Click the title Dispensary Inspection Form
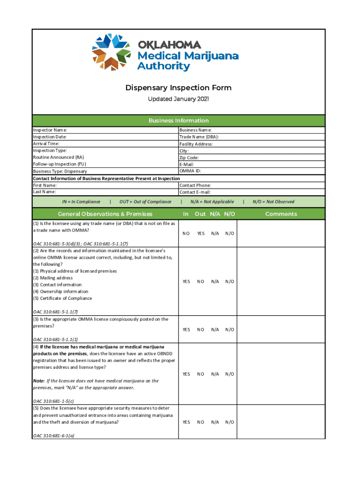tap(178, 88)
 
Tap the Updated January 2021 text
tap(178, 99)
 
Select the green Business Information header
tap(178, 121)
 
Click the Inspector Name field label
tap(50, 130)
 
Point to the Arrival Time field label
tap(46, 144)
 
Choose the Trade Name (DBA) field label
tap(199, 137)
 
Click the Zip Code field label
tap(189, 158)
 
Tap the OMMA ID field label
tap(190, 171)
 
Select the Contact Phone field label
tap(195, 185)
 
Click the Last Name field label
tap(44, 192)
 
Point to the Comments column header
tap(281, 214)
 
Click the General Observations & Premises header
tap(105, 214)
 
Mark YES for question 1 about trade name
tap(201, 233)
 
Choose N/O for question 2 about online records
tap(230, 282)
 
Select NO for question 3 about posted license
tap(201, 330)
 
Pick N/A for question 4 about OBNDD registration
tap(215, 374)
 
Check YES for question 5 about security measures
tap(186, 422)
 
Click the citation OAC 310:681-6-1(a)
tap(54, 435)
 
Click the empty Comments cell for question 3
tap(281, 330)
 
